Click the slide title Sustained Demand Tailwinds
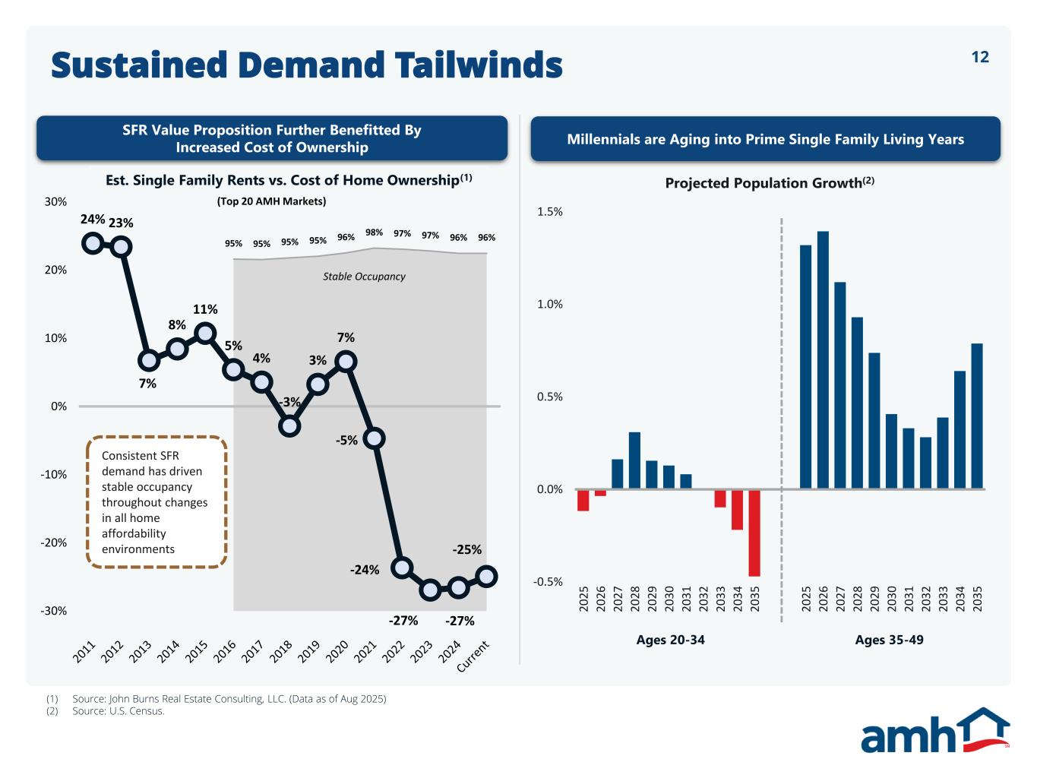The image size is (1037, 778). point(306,65)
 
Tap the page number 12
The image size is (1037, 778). point(980,57)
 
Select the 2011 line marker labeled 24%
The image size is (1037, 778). point(93,243)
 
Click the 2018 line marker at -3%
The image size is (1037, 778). point(289,425)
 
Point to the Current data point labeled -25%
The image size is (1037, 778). point(487,577)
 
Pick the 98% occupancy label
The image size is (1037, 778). point(374,232)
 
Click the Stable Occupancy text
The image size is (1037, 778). point(364,277)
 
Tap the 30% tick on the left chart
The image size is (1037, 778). point(55,202)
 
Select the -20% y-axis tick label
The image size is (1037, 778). point(53,542)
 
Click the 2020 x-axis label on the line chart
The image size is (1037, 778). point(338,652)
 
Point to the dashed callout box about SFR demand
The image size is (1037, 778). point(157,502)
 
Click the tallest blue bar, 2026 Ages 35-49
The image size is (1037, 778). point(823,359)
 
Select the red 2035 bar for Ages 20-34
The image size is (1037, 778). point(754,533)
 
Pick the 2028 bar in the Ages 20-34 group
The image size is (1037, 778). point(634,460)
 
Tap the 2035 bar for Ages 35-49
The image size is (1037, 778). point(977,416)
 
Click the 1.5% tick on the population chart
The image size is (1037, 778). point(549,212)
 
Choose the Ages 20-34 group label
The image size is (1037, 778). point(670,640)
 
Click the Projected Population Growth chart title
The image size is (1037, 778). point(770,183)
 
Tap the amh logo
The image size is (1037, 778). point(934,730)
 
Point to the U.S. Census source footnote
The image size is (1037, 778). point(118,711)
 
